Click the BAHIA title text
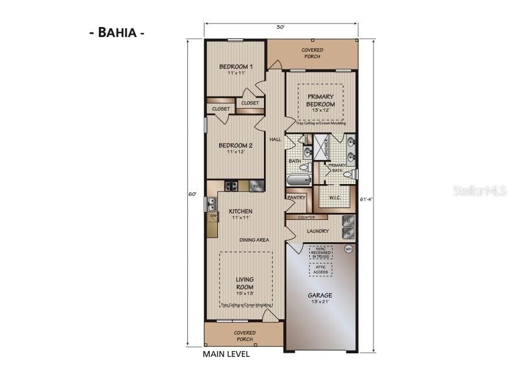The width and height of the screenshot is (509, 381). click(x=116, y=32)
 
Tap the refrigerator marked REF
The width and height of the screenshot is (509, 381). click(x=256, y=186)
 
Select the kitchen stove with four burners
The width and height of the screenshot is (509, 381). click(x=231, y=186)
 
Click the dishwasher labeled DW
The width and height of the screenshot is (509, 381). click(x=212, y=216)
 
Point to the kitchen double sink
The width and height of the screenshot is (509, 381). click(x=211, y=203)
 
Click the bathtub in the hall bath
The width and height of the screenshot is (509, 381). click(x=299, y=179)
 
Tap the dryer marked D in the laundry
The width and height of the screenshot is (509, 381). click(x=348, y=221)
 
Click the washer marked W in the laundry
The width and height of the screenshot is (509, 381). click(x=348, y=233)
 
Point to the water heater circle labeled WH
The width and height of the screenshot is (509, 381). click(x=348, y=249)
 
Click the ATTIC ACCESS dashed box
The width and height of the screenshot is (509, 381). click(x=320, y=269)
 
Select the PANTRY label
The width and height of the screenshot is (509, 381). click(x=296, y=198)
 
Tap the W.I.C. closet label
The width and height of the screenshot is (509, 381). click(x=336, y=198)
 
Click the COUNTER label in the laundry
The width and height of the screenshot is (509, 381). click(x=306, y=217)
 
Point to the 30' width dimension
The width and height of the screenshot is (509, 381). click(x=280, y=27)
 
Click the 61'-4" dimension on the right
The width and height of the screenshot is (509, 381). click(x=365, y=199)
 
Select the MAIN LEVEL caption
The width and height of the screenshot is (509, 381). click(x=226, y=354)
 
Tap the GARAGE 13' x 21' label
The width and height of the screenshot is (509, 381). click(x=320, y=298)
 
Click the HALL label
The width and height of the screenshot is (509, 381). click(x=275, y=139)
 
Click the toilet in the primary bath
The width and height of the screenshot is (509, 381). click(x=348, y=175)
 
